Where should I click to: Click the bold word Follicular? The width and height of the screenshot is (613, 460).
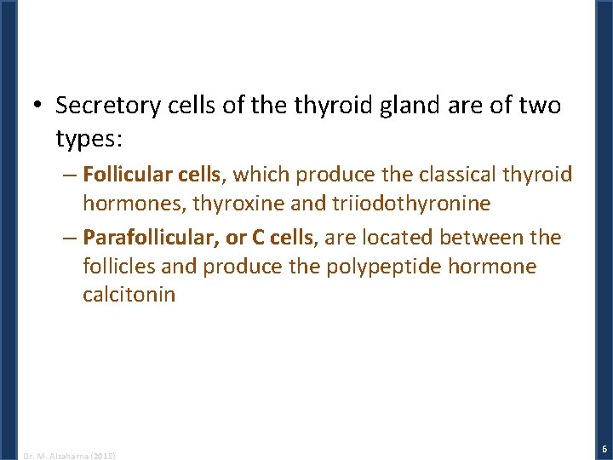128,175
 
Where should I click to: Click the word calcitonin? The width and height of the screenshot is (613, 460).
129,295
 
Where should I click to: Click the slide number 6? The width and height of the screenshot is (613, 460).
604,448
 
